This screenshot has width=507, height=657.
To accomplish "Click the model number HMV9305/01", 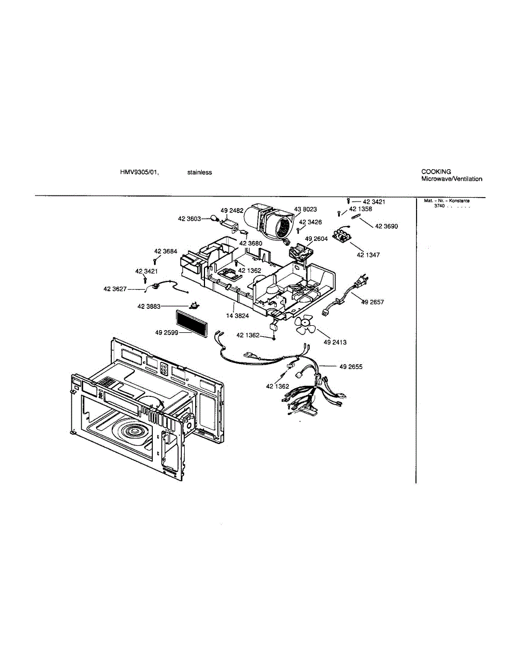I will [x=139, y=172].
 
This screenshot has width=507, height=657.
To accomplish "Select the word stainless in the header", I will [x=200, y=172].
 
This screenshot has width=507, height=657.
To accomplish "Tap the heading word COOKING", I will [x=436, y=171].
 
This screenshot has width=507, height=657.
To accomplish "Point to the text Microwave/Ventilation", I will [x=452, y=179].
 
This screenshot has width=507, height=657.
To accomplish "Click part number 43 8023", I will [x=305, y=210].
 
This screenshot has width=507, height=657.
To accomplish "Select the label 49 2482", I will [x=232, y=210].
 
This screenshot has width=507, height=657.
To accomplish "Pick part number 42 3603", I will [x=189, y=219].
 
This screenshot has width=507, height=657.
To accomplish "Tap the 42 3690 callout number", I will [x=387, y=227].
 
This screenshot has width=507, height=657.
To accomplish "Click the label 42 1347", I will [x=368, y=255].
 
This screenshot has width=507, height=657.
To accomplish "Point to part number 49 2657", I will [x=373, y=302].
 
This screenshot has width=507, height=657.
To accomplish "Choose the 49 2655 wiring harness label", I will [x=351, y=366].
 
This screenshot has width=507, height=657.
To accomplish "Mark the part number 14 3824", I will [x=238, y=316].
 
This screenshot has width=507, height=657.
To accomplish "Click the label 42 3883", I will [x=149, y=307].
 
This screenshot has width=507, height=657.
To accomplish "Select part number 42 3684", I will [x=166, y=251].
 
